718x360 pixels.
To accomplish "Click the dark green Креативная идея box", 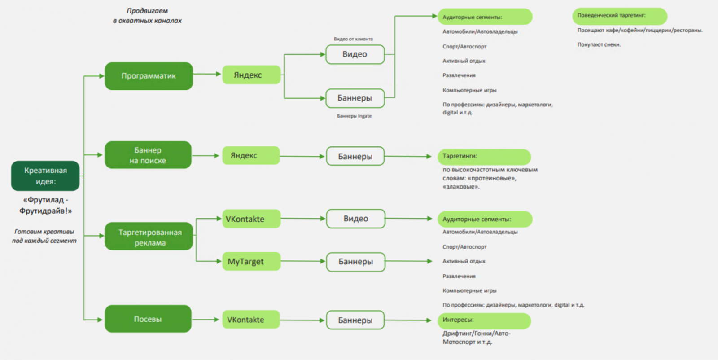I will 45,176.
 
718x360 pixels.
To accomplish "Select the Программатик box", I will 149,76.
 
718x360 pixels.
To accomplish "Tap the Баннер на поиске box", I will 148,155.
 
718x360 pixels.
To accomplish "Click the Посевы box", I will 148,319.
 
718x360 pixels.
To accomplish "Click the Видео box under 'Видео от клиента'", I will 355,54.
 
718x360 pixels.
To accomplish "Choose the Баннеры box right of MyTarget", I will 355,262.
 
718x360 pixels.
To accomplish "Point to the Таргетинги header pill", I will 484,156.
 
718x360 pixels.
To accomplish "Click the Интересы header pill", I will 484,320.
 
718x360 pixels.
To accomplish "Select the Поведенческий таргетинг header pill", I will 619,16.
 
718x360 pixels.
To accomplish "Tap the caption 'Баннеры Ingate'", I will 355,116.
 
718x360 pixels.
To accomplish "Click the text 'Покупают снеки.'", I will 599,44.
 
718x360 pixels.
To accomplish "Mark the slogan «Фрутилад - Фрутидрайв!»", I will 45,205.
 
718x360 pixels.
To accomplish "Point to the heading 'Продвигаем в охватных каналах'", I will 147,16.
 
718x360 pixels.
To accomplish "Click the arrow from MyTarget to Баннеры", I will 303,261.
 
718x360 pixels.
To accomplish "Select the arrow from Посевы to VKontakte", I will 206,320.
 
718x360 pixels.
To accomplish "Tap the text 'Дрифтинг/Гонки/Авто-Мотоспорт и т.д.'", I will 476,338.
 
